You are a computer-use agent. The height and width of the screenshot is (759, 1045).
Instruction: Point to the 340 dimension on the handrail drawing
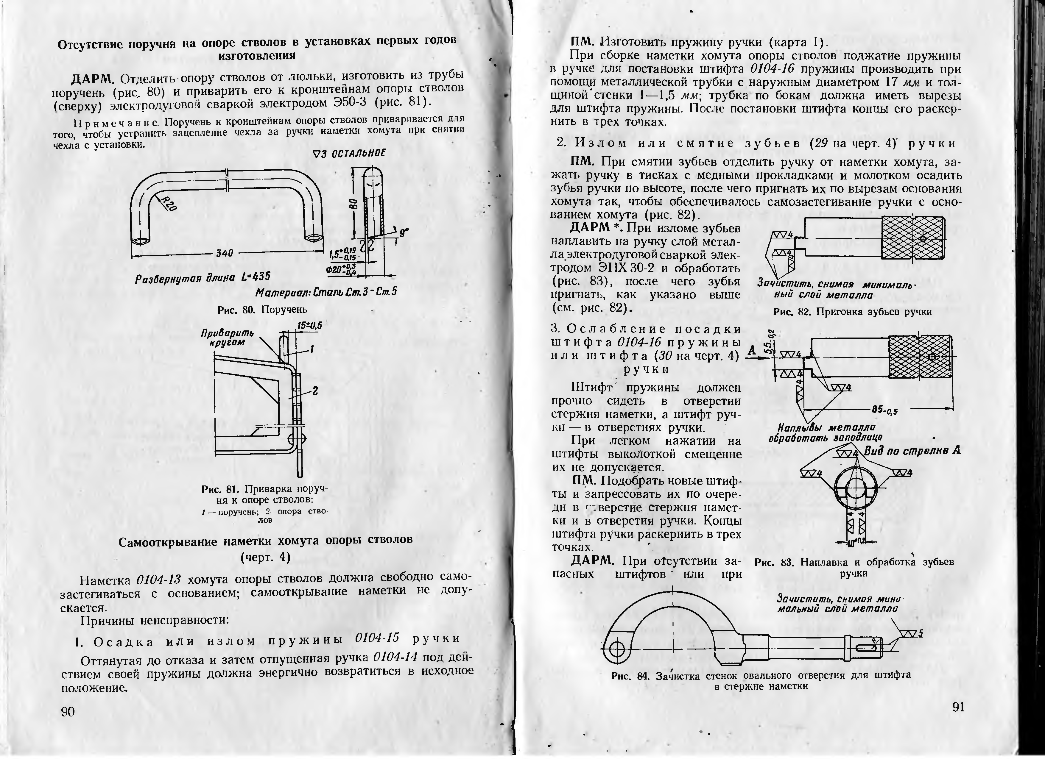point(224,253)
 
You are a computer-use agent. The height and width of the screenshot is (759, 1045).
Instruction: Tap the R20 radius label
point(168,203)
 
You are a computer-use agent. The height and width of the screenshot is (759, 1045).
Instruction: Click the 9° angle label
point(404,233)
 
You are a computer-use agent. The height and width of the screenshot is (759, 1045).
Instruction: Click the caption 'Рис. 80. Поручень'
point(262,310)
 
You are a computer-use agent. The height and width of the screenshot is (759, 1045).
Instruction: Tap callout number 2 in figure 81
point(316,391)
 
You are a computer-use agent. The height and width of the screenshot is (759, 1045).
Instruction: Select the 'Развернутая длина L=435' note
point(203,277)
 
